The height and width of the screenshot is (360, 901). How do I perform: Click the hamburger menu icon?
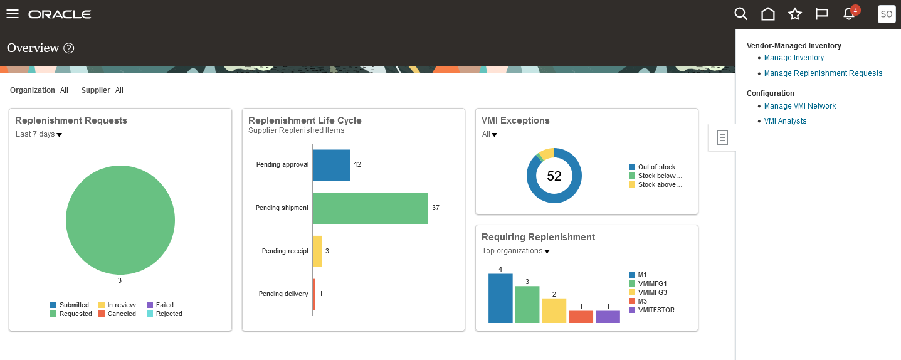[13, 14]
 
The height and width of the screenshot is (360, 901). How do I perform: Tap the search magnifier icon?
[740, 14]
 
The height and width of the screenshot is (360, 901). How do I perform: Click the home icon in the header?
[767, 14]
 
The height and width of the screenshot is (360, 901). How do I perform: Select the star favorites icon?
[794, 14]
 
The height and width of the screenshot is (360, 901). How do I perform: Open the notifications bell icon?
[849, 14]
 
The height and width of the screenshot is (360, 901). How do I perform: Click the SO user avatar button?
[887, 14]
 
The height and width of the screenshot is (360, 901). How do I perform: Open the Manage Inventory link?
[794, 58]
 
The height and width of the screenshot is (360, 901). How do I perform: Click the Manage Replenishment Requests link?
[823, 73]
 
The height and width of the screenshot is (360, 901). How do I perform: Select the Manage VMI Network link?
[799, 106]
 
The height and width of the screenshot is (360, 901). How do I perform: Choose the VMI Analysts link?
[785, 121]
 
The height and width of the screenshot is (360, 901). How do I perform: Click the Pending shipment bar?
[370, 208]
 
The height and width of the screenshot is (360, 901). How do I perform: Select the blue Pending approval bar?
[330, 165]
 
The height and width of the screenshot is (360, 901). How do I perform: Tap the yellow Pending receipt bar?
[317, 251]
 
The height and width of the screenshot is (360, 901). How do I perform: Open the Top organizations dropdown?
[515, 251]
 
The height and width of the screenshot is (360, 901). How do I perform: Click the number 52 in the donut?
[554, 176]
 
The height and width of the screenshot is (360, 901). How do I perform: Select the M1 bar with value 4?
[500, 299]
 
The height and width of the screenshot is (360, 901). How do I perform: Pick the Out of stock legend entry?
[656, 167]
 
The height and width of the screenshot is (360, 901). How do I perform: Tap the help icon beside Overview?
[69, 48]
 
